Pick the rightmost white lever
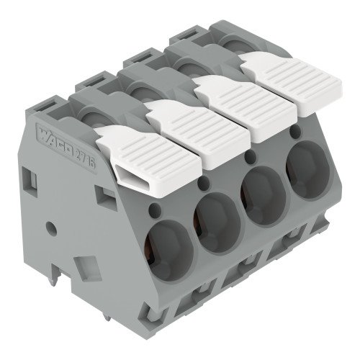(291, 81)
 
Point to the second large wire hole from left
(217, 223)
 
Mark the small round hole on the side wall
(51, 230)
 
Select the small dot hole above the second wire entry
(202, 186)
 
